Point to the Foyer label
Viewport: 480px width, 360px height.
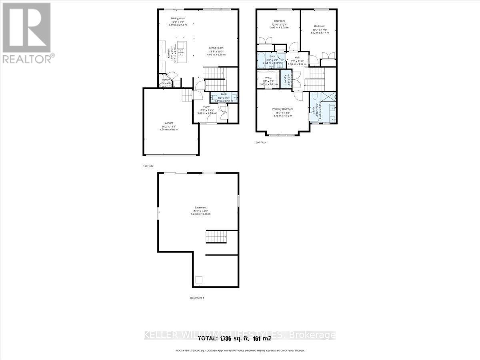tap(206, 106)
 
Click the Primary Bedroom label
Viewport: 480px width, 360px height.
tap(283, 109)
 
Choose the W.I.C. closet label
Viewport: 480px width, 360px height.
tap(268, 78)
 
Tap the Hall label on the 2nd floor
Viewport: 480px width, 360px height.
tap(297, 57)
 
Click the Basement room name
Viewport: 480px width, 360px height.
tap(200, 208)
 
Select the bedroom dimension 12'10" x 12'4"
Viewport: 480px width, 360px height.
tap(279, 25)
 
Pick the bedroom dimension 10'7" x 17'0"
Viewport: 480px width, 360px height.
tap(319, 30)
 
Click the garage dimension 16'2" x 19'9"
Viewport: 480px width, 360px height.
tap(168, 126)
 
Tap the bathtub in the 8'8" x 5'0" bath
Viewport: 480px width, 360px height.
tap(264, 61)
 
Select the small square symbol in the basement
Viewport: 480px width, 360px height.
tap(198, 280)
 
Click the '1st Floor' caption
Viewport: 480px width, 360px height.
tap(148, 166)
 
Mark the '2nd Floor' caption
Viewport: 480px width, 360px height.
tap(261, 142)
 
